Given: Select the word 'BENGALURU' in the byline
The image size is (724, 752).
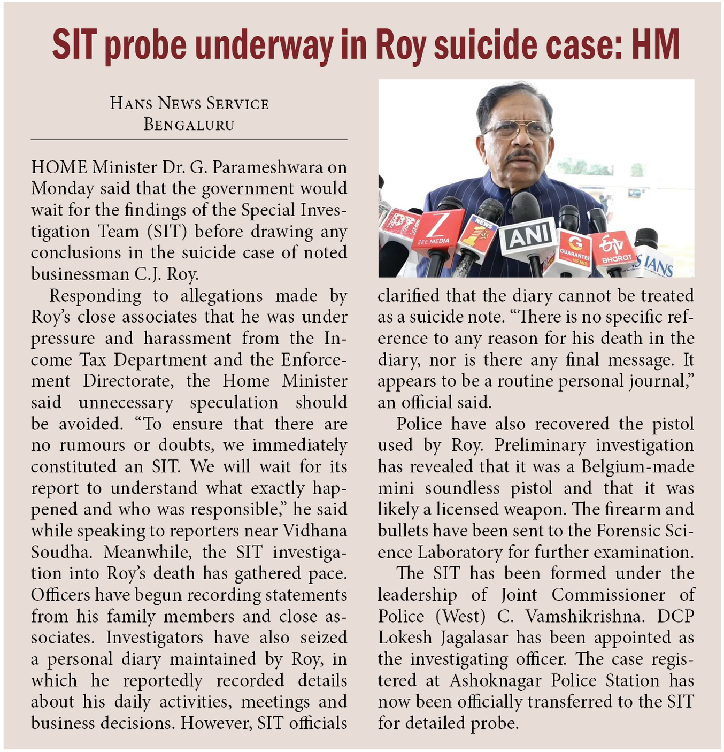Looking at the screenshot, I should pos(189,125).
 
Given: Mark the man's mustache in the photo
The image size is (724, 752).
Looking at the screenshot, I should pos(521,155).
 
